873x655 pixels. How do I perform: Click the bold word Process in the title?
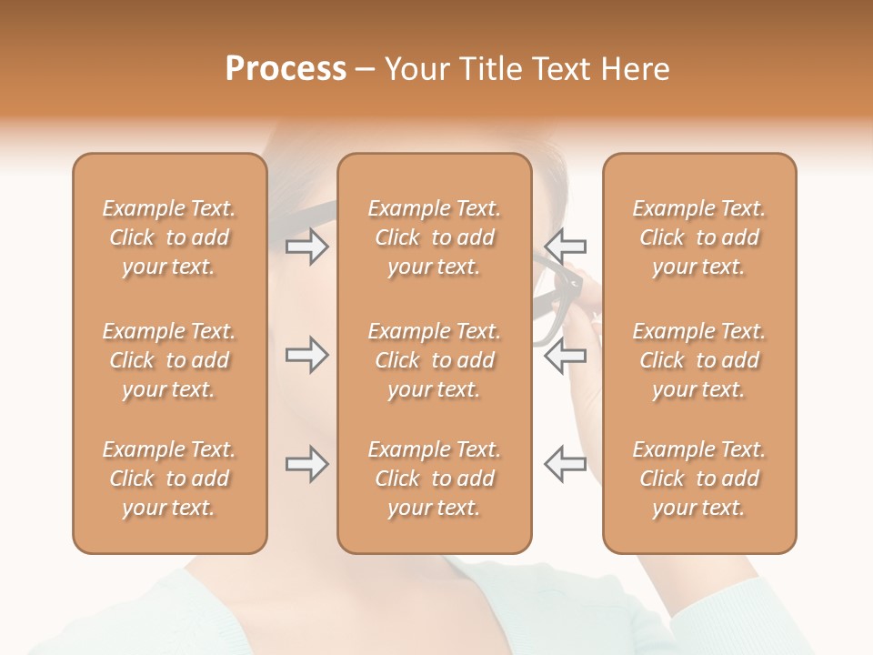(x=286, y=69)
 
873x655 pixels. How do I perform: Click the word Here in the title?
(x=637, y=69)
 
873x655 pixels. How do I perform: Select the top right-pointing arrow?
(x=307, y=247)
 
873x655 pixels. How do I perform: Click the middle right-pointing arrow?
(x=307, y=355)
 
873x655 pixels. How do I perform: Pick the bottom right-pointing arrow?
(x=307, y=464)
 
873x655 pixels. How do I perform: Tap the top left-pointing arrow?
(x=565, y=247)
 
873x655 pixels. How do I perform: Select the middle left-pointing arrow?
(x=565, y=355)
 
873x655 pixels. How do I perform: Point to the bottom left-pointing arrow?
(x=565, y=464)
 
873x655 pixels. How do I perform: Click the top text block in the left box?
(x=169, y=237)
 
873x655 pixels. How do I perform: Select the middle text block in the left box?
(x=169, y=360)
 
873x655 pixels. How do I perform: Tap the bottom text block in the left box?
(x=169, y=479)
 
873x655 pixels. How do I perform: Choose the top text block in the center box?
(x=435, y=237)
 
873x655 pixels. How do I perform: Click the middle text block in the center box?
(x=435, y=360)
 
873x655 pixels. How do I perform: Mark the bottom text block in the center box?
(x=435, y=479)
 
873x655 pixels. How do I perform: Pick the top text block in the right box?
(x=699, y=237)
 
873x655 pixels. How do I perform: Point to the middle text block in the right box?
(x=699, y=360)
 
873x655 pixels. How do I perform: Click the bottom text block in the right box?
(x=699, y=479)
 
